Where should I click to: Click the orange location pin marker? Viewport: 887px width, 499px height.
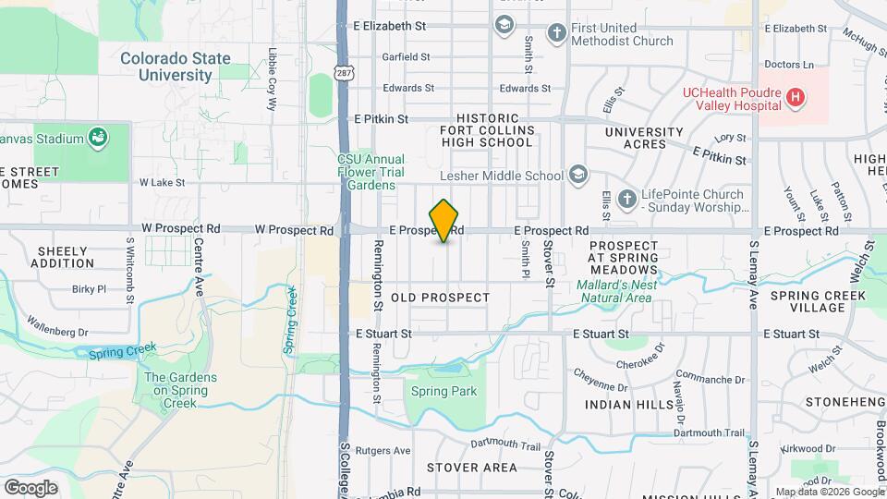tap(444, 221)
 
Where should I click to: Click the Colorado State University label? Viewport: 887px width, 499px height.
tap(176, 67)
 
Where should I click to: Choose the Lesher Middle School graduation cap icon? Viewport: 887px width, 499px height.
tap(578, 175)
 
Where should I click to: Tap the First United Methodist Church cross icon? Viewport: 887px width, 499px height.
tap(556, 34)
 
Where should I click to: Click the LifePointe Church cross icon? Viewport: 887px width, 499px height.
tap(626, 200)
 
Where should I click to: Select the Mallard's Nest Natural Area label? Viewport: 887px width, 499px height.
tap(617, 291)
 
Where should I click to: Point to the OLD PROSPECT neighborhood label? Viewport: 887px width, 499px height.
tap(440, 298)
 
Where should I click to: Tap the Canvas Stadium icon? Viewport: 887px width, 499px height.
tap(96, 139)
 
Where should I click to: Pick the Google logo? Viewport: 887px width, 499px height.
tap(30, 487)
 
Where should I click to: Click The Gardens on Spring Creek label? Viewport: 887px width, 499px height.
tap(181, 391)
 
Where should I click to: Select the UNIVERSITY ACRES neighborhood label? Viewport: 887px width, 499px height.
tap(649, 138)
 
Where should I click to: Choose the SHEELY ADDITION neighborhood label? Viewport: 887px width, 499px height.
tap(63, 257)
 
